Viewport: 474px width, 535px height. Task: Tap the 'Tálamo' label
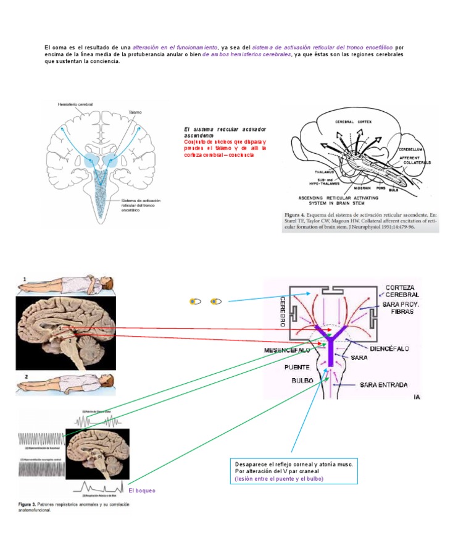pyautogui.click(x=135, y=112)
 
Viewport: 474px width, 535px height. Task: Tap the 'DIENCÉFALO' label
pyautogui.click(x=389, y=349)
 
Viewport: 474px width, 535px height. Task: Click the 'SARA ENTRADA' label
pyautogui.click(x=383, y=384)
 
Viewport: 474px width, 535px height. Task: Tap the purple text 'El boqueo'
pyautogui.click(x=142, y=491)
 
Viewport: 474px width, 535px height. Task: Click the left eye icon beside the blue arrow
pyautogui.click(x=195, y=301)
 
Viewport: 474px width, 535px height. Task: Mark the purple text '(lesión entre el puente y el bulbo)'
pyautogui.click(x=279, y=479)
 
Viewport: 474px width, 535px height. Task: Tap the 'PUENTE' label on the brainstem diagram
pyautogui.click(x=297, y=367)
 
